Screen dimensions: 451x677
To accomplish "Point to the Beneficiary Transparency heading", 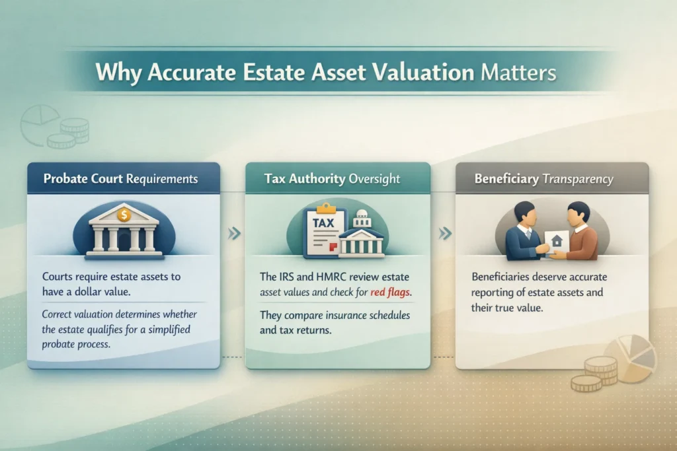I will pos(543,179).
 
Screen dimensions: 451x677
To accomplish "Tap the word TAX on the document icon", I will pos(323,223).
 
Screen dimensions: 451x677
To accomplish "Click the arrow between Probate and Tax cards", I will pos(232,233).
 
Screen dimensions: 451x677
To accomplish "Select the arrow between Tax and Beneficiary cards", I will pos(445,233).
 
